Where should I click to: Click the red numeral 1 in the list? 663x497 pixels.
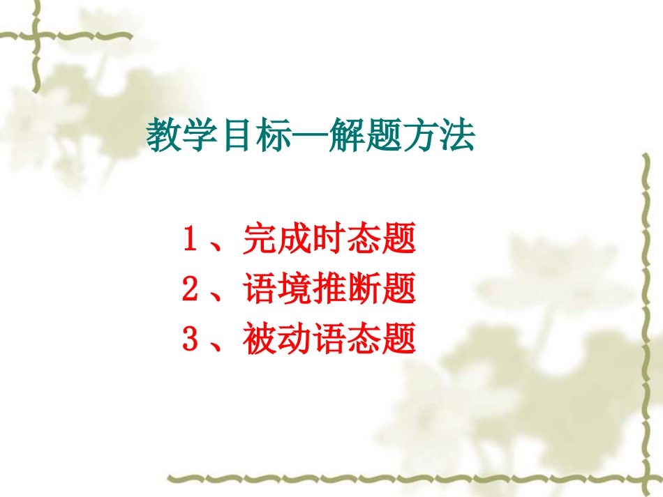point(189,240)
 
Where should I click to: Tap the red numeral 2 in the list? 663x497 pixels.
point(189,289)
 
